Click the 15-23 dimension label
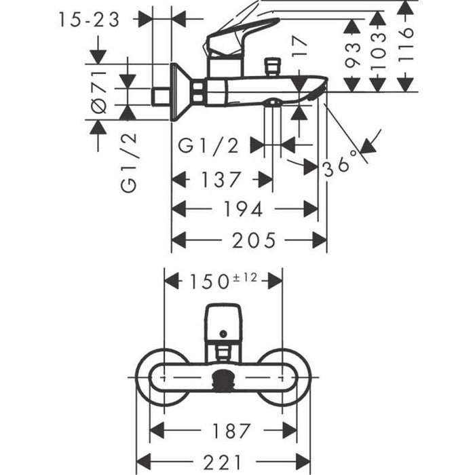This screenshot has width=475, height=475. [x=88, y=20]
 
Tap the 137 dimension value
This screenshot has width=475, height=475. [x=222, y=180]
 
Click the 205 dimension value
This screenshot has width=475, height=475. [x=250, y=240]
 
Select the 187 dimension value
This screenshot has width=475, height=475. [x=224, y=430]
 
